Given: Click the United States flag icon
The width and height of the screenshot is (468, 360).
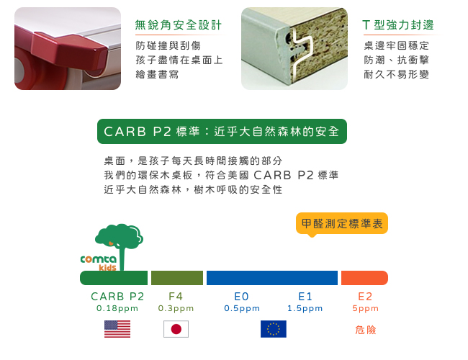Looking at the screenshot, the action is pos(117,329).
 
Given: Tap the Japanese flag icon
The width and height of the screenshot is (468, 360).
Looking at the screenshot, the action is pos(176,329).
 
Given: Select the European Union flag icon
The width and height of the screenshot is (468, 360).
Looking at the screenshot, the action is pos(274,329).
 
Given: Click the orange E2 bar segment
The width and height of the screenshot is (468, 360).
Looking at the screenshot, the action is pos(364,278).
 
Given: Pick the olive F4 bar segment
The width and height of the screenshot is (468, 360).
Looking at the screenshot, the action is pos(177,278).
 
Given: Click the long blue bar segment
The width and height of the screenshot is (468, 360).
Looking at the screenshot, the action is pos(272,278).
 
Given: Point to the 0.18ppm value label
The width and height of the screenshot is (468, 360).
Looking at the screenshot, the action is pos(117,308).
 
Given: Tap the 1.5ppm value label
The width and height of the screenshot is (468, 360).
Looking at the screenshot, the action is pos(305,308).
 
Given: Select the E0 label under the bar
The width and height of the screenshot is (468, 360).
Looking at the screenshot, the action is pos(241,297).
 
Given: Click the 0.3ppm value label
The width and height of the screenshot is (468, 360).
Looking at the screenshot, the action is pos(176,308).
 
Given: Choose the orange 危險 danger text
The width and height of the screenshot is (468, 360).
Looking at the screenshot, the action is pos(365,330).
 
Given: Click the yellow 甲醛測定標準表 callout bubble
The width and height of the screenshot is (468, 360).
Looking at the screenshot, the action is pos(342,224).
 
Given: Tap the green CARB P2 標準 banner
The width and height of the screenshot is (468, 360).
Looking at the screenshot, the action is pos(222,131).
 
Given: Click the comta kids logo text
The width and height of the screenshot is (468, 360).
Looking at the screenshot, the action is pos(99,262).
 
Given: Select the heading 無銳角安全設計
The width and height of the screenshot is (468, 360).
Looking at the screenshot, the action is pos(179,25).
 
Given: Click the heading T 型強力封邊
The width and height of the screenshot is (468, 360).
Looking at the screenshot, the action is pos(398,25).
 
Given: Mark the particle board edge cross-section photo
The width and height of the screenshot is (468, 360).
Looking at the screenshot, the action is pos(294,48).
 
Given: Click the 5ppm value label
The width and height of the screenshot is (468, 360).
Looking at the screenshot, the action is pos(365,308).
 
